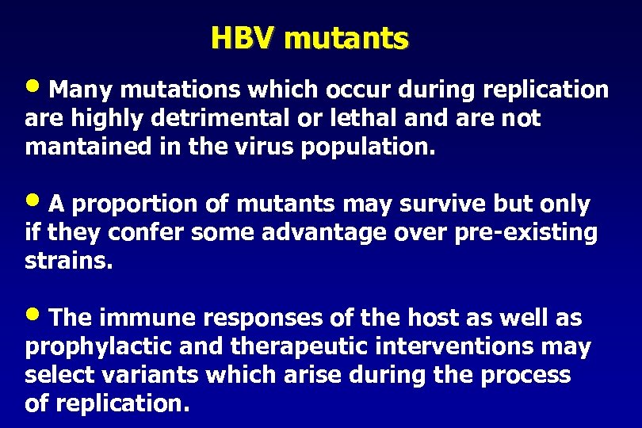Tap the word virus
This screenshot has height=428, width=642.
click(248, 147)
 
